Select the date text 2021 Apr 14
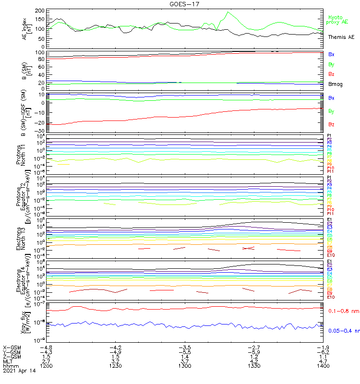pyautogui.click(x=20, y=371)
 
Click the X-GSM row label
pyautogui.click(x=12, y=347)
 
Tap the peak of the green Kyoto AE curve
pyautogui.click(x=228, y=12)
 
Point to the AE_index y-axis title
pyautogui.click(x=27, y=28)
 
